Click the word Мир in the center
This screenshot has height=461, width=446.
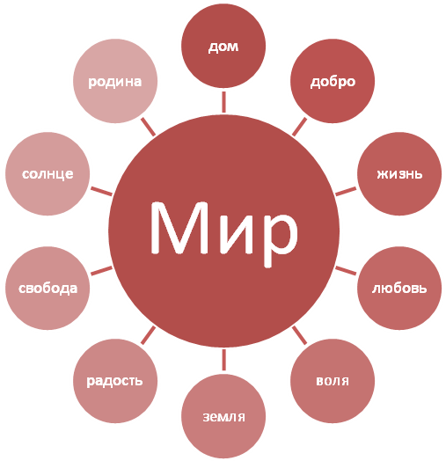[223, 232]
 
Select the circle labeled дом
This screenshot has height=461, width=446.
[223, 46]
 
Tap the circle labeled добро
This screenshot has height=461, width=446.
[333, 81]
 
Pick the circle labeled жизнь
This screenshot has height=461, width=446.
[399, 173]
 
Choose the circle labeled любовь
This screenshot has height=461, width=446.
[399, 288]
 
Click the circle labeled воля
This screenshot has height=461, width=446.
[333, 381]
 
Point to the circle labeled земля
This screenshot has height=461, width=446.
[223, 416]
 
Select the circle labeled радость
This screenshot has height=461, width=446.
[115, 381]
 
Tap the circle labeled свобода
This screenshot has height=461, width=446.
[48, 288]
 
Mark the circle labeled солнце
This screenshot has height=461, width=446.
[48, 173]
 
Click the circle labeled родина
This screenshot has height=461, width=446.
[115, 81]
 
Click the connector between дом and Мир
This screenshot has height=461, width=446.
[224, 102]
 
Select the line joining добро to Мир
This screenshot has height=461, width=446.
[300, 127]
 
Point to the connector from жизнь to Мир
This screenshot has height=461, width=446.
[346, 191]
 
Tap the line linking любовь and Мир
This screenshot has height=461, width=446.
[346, 270]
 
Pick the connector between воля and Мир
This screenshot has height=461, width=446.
[300, 335]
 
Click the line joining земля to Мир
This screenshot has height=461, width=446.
[224, 360]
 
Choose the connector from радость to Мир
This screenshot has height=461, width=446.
[148, 335]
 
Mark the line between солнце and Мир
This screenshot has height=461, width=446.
[102, 191]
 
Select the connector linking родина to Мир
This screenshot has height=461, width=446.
[148, 127]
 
